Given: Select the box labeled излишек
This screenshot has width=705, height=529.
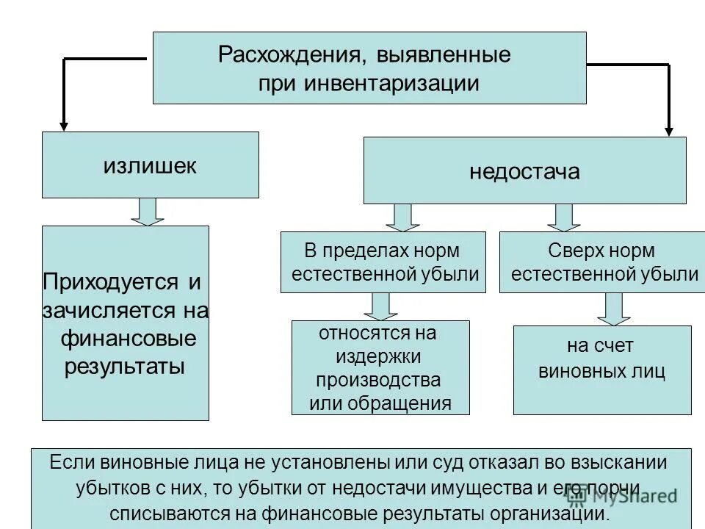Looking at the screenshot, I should pos(150,165).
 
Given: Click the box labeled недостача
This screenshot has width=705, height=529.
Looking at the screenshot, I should pos(524,171).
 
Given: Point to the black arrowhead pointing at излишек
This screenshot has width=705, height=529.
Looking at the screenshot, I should pos(64,124).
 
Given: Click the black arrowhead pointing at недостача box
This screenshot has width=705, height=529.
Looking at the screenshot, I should pos(669,129).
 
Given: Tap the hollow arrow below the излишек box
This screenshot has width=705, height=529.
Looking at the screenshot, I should pos(150,212).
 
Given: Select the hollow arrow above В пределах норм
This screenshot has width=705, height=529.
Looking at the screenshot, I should pos(402,217).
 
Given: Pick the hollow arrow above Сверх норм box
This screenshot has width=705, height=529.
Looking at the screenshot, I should pos(563,217).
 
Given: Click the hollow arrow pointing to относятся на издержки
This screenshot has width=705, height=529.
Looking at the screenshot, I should pos(380,306).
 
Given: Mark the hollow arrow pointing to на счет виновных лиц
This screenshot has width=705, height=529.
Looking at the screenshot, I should pos(614,309).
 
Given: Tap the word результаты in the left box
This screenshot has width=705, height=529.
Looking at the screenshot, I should pos(125,366).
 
